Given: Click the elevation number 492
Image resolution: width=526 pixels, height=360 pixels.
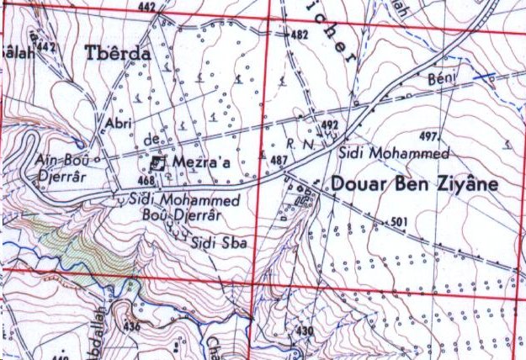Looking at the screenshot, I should [329, 125].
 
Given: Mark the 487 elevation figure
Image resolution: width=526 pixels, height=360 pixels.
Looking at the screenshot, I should [279, 160].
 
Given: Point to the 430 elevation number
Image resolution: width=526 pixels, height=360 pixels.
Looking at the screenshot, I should [304, 330].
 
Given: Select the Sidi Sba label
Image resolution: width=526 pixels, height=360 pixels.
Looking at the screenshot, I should [210, 243].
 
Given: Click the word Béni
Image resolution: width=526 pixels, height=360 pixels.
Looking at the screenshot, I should [441, 79].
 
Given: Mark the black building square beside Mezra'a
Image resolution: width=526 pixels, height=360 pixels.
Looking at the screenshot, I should [159, 163].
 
